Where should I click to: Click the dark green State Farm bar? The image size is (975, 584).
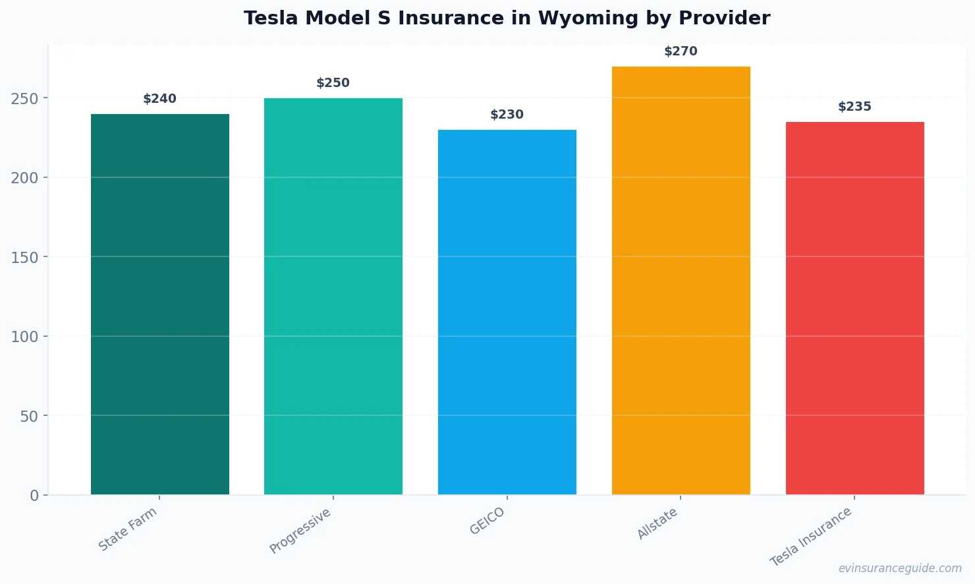[x=160, y=304]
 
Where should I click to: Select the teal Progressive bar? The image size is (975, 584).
[x=333, y=296]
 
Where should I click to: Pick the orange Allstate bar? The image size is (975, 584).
[x=681, y=280]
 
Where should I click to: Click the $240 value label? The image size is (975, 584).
[x=160, y=99]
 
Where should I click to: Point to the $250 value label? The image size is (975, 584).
[x=333, y=83]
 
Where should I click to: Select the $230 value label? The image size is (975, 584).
[x=507, y=115]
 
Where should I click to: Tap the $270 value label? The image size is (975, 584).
[x=681, y=51]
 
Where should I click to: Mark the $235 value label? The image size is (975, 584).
[x=854, y=107]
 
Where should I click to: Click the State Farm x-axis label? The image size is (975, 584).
[x=128, y=529]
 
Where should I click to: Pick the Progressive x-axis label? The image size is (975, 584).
[x=300, y=531]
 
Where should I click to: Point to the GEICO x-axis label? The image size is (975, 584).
[x=487, y=521]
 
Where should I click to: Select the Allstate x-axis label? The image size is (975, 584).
[x=657, y=524]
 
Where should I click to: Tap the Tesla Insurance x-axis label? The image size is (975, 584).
[x=811, y=537]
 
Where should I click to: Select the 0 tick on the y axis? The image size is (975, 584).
[x=34, y=496]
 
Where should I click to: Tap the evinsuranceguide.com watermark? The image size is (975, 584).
[x=900, y=568]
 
